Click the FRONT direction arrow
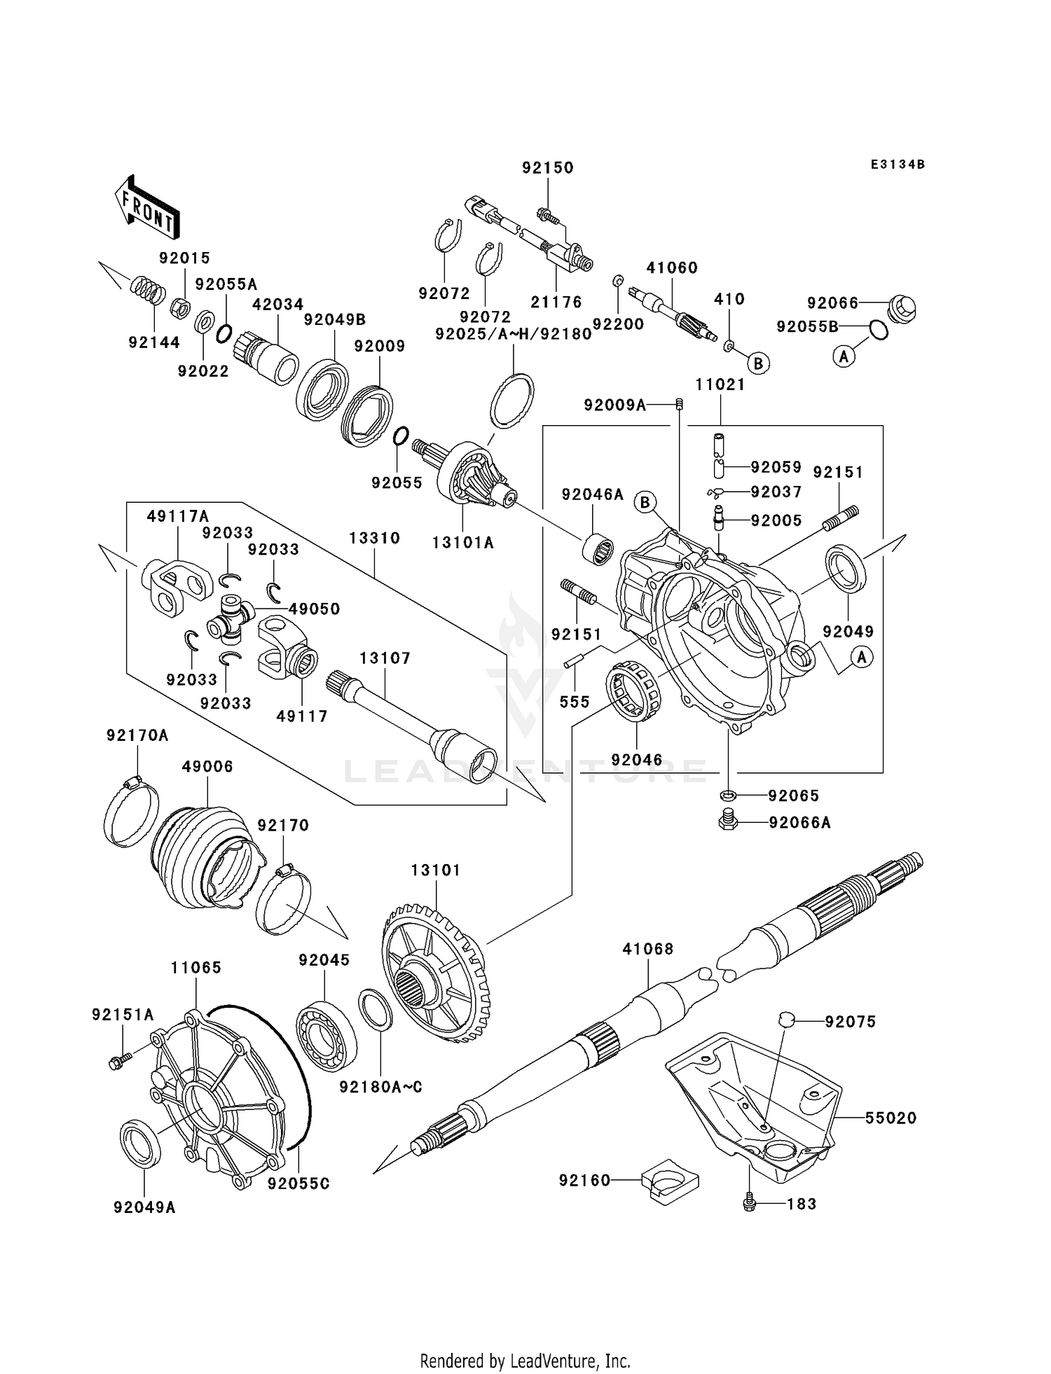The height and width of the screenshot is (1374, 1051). [146, 207]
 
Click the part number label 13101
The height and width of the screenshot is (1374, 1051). [435, 870]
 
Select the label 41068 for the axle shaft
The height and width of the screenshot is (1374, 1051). [648, 949]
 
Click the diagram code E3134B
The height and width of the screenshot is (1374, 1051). [898, 165]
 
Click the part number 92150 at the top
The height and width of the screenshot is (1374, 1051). [548, 168]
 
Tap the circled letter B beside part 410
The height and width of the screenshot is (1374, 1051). [758, 363]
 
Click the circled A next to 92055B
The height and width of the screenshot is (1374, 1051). [844, 356]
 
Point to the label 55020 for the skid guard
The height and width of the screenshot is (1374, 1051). [891, 1118]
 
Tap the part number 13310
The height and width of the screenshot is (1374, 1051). [375, 538]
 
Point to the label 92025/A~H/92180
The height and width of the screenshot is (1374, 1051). [514, 334]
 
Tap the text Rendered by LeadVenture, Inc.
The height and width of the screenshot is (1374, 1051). [525, 1361]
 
